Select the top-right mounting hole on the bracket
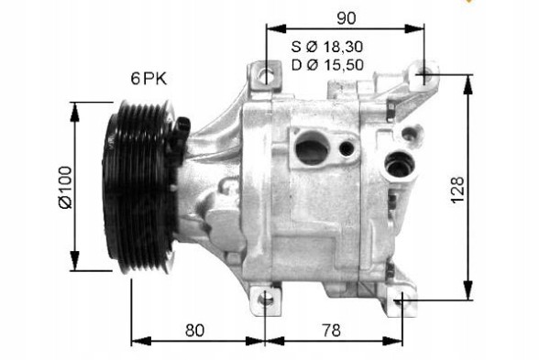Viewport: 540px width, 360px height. click(424, 75)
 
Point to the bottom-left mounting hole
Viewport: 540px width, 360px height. click(264, 298)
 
